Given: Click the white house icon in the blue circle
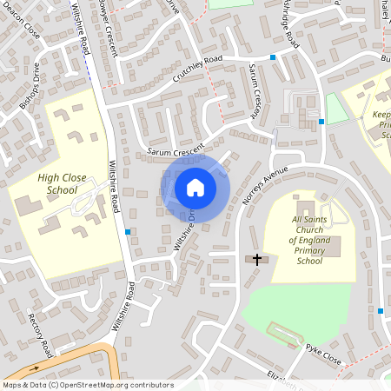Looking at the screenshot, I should coord(195,187).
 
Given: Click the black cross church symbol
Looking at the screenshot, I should coord(256,258).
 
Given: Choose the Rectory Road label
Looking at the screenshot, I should coord(39,335).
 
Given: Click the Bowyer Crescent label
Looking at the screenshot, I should coord(109,26).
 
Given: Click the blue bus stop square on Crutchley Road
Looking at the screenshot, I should coord(273,57).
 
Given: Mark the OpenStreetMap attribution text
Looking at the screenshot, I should coord(88,384).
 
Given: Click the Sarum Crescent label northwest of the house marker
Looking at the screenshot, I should coord(175,149).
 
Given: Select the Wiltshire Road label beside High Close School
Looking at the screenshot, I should coord(114,186).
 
